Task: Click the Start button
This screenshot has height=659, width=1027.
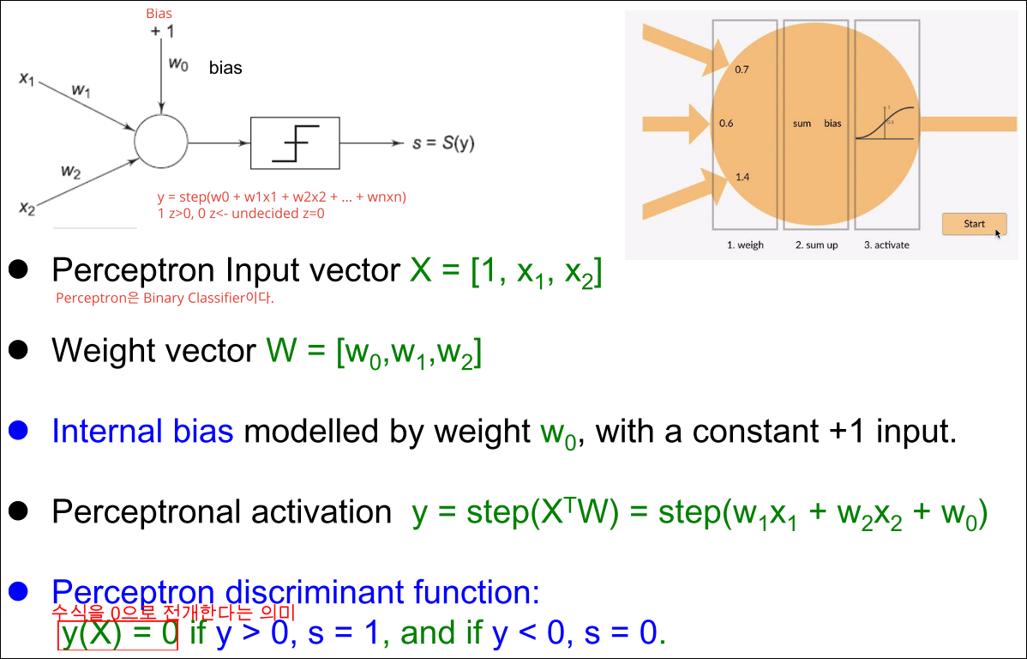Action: [974, 224]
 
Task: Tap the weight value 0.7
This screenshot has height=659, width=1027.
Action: [742, 70]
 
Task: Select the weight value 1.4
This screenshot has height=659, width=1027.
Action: [742, 178]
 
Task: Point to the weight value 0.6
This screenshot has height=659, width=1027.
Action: [726, 124]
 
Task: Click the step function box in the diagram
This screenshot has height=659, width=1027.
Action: [295, 142]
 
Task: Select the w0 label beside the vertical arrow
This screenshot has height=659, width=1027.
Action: [177, 65]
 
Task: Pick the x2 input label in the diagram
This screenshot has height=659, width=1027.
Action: [27, 207]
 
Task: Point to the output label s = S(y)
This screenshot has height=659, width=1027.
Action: [443, 143]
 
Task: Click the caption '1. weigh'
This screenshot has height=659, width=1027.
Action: [745, 245]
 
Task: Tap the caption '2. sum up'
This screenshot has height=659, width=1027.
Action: [816, 245]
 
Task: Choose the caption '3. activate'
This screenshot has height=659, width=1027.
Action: [886, 245]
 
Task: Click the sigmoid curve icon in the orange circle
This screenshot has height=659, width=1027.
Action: [887, 124]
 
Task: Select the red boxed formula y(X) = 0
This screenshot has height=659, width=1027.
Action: [118, 634]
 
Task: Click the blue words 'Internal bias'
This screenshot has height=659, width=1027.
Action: [142, 431]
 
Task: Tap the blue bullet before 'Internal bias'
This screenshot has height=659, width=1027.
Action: [19, 429]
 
